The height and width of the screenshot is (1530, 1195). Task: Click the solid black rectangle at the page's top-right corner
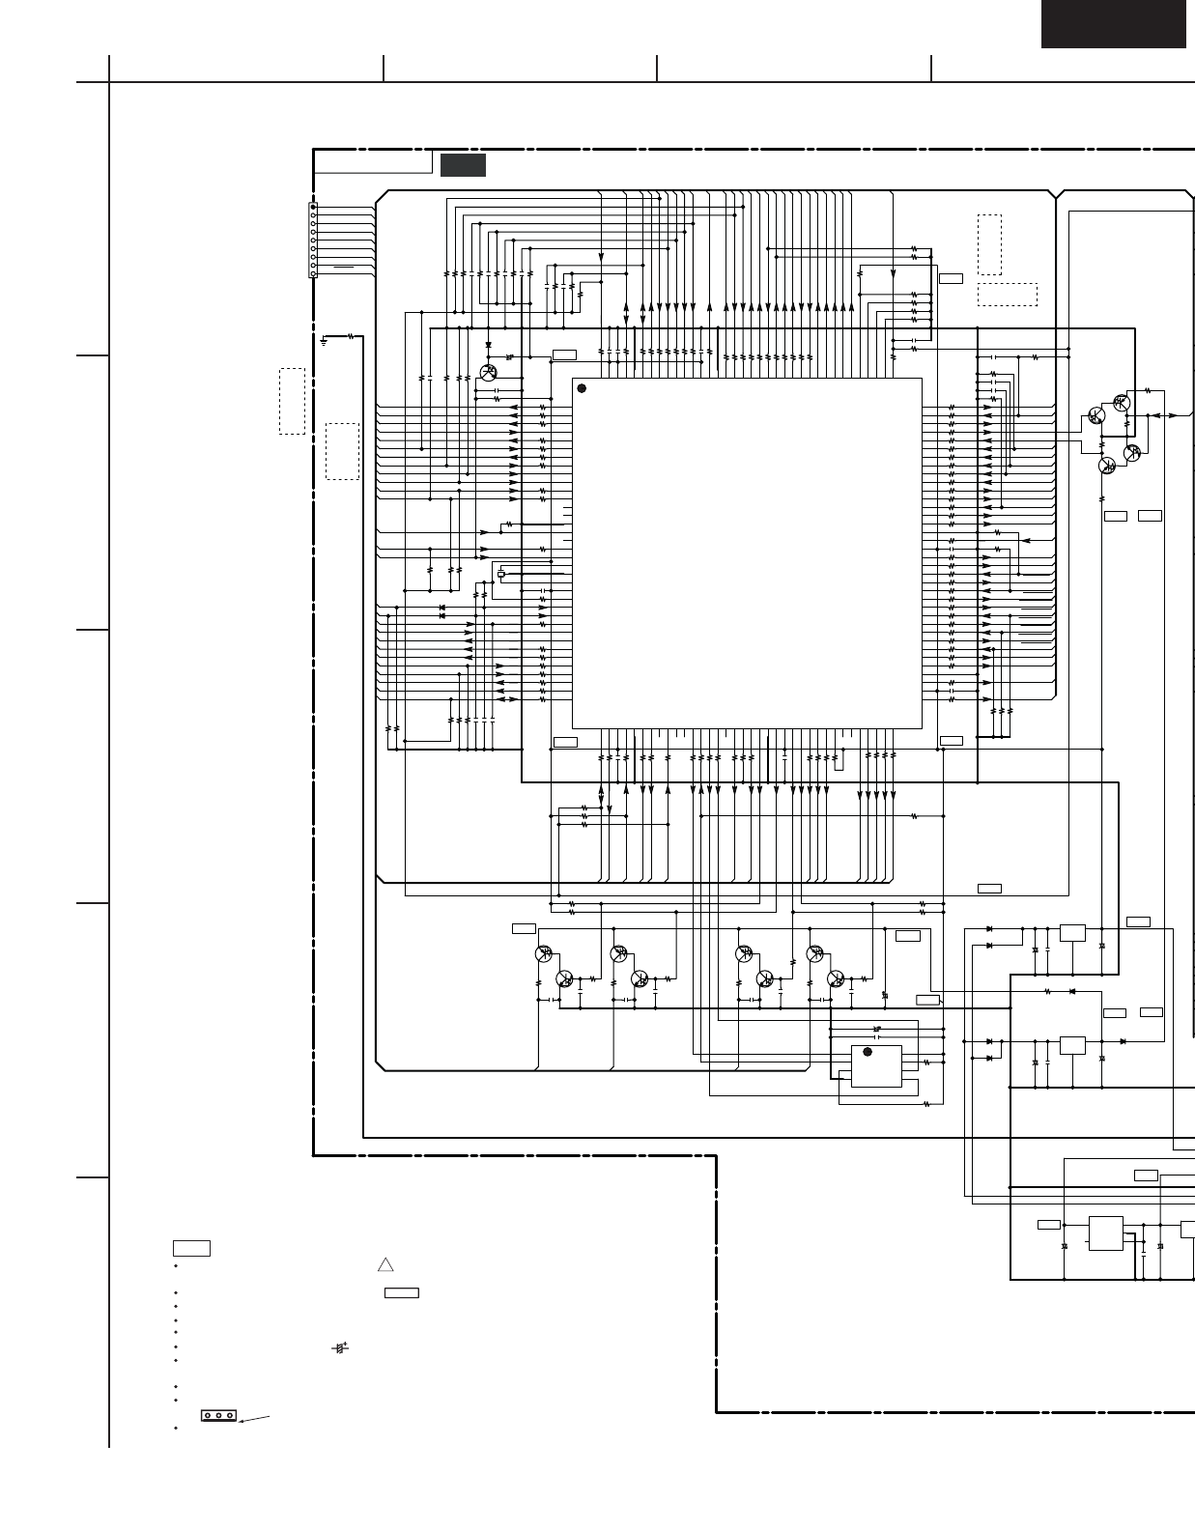click(1113, 23)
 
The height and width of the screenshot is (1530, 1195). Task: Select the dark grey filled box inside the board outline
click(463, 165)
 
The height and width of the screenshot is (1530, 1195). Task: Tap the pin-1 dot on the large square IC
click(582, 388)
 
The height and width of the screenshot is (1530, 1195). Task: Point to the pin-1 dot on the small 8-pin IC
click(867, 1052)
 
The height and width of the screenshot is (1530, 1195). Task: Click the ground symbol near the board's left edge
click(324, 340)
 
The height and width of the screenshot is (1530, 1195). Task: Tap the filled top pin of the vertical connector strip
click(313, 208)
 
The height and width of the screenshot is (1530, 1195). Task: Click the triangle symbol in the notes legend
click(385, 1264)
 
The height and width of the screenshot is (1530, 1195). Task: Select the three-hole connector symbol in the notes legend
click(218, 1415)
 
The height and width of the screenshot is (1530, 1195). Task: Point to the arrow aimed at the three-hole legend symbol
click(253, 1418)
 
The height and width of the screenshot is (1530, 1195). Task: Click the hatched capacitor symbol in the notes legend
click(339, 1347)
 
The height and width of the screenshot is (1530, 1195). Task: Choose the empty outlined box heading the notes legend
click(191, 1248)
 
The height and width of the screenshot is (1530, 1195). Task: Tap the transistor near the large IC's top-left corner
click(488, 373)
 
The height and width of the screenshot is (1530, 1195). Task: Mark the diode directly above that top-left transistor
click(489, 345)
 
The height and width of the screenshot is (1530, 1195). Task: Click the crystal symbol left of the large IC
click(500, 576)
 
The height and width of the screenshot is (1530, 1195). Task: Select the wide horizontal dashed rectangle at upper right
click(1007, 295)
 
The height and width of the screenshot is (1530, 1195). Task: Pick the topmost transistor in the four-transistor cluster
click(1121, 402)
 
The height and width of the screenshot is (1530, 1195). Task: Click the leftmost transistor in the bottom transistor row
click(544, 953)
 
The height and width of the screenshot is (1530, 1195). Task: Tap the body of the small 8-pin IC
click(875, 1066)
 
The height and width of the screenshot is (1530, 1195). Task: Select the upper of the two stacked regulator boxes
click(1072, 933)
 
